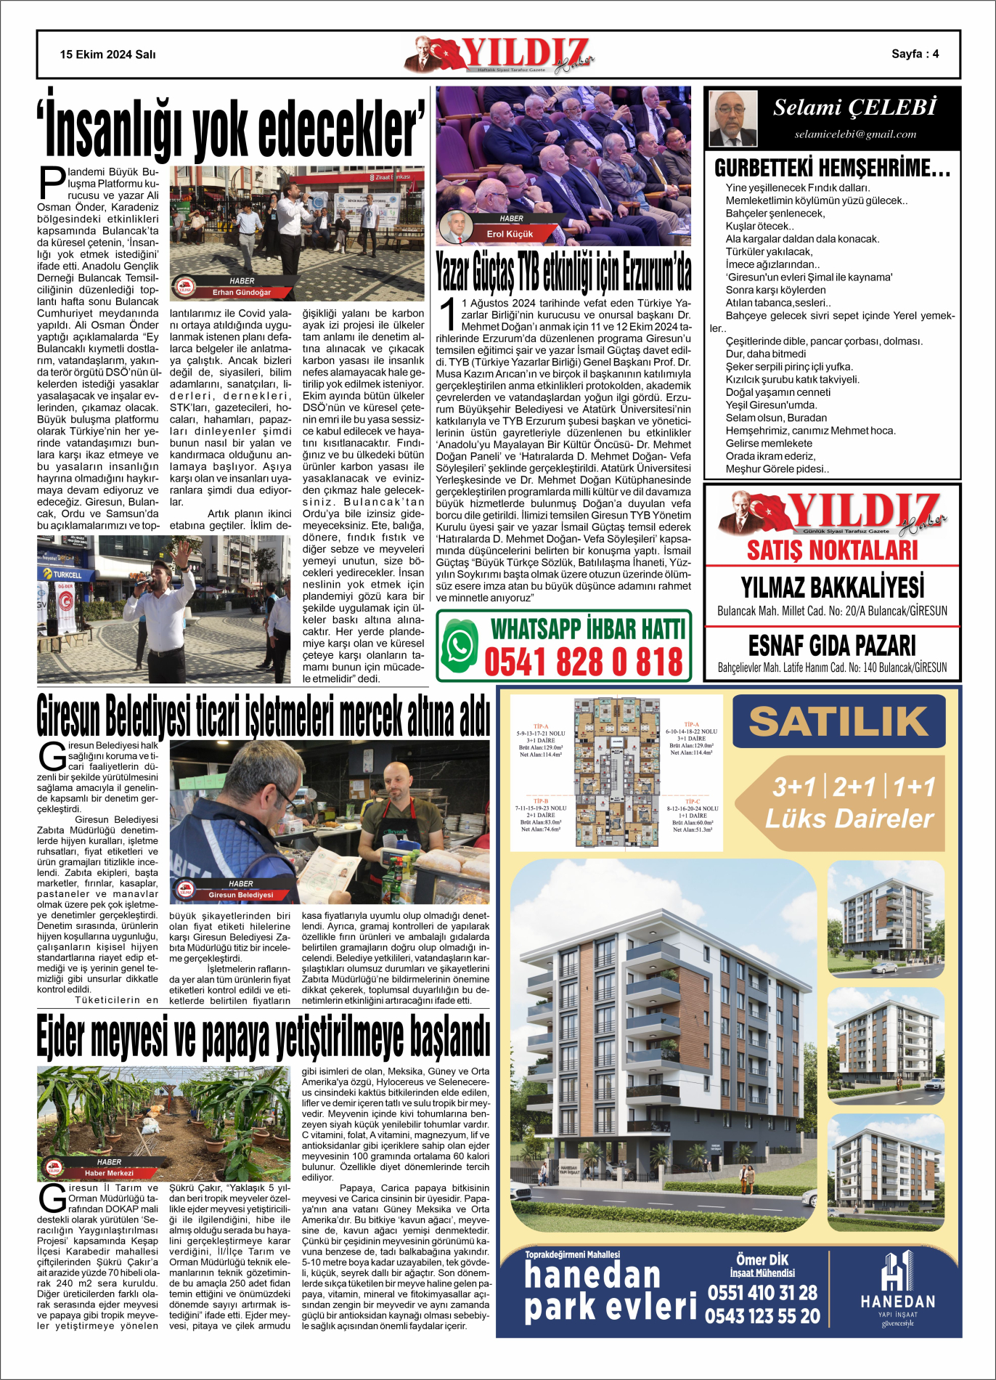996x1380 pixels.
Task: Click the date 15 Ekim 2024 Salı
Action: pos(107,54)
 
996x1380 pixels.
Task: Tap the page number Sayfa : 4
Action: pos(915,54)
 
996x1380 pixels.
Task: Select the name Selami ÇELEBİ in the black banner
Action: pos(854,107)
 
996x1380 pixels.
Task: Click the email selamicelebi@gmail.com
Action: pos(855,134)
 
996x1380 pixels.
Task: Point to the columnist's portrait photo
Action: pos(732,118)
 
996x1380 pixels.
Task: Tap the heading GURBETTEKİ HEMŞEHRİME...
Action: pos(832,169)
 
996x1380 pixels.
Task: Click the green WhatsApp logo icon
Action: pos(459,645)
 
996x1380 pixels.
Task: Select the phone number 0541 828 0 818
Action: pos(584,662)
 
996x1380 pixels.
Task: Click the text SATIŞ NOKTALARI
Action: pos(832,550)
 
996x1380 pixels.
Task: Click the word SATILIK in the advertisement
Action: pos(838,721)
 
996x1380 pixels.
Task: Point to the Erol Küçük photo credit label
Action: pos(510,234)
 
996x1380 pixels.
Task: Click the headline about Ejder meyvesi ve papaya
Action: pos(263,1036)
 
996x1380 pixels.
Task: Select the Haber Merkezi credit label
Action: pos(109,1173)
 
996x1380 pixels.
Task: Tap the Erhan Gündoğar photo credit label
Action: pos(241,292)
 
